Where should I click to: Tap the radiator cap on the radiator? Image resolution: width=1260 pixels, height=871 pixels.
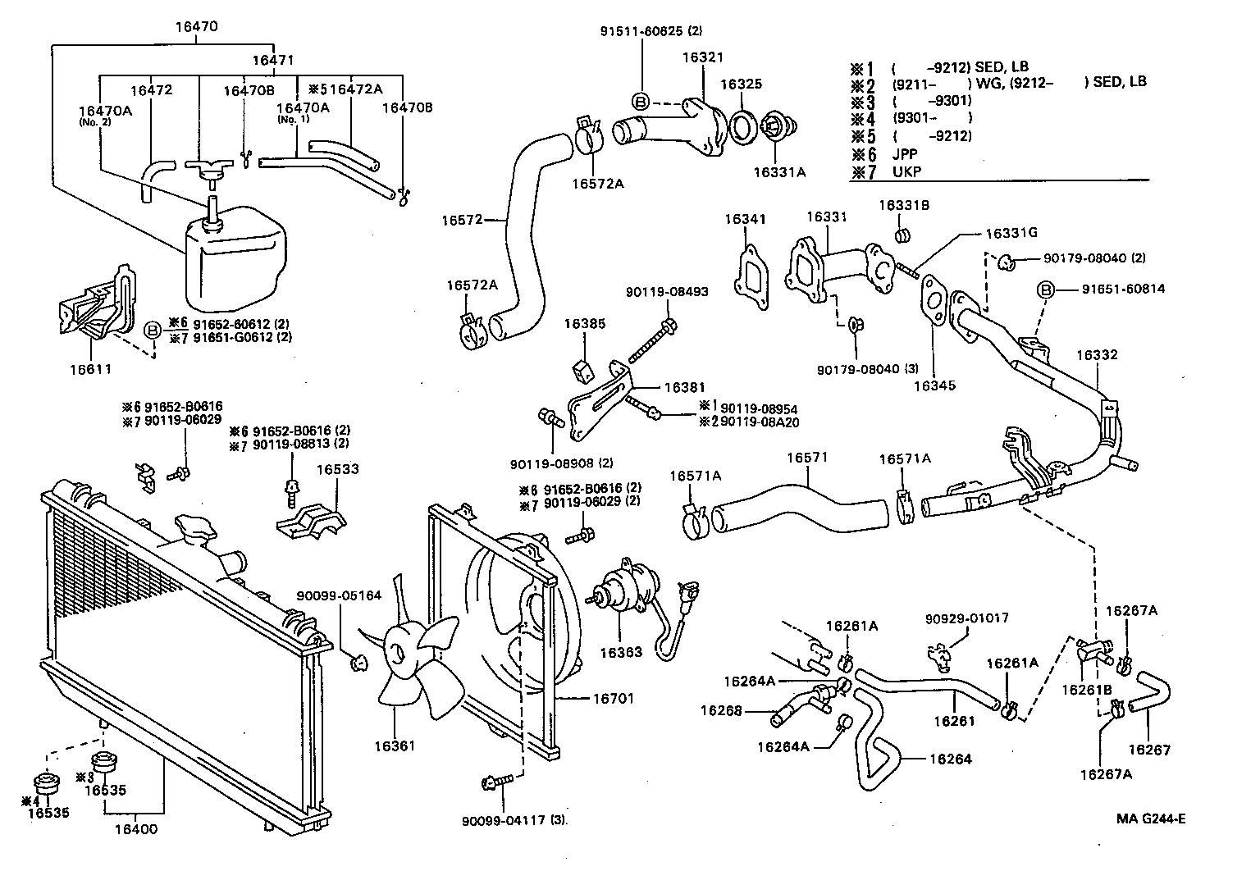[194, 530]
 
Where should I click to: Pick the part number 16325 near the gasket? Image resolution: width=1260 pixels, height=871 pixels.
[741, 84]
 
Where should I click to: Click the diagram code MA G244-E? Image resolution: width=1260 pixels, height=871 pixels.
[1151, 818]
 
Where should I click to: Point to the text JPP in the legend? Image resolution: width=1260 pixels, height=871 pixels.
[905, 153]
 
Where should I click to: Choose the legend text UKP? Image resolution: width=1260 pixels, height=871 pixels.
[906, 172]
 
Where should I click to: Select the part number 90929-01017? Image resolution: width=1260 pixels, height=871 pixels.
[967, 618]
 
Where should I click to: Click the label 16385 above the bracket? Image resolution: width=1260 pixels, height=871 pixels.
[584, 324]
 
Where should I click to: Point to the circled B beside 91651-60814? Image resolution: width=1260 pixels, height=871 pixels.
[1045, 290]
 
